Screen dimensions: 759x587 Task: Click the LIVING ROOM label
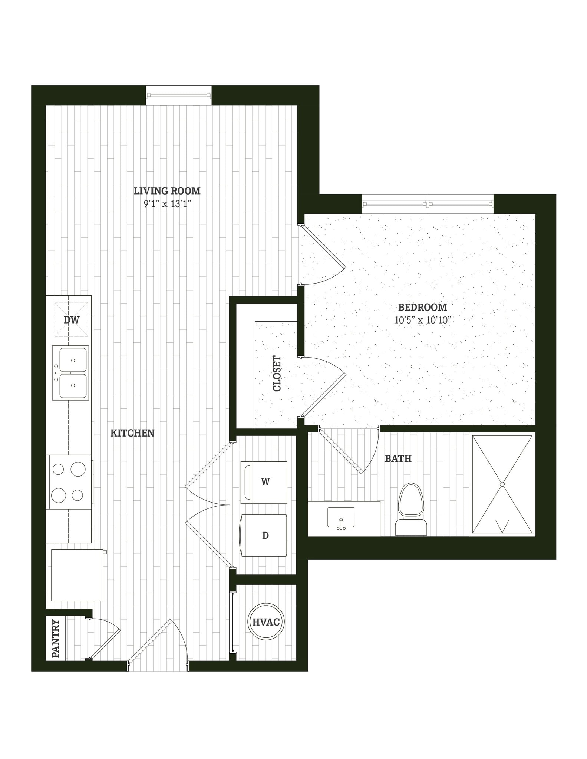pos(167,191)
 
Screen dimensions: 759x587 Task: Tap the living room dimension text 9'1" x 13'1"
pos(167,203)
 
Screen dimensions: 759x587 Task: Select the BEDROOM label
pos(422,307)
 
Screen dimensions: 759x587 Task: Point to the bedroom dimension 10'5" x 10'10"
pos(422,320)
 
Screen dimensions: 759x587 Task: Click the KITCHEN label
pos(132,433)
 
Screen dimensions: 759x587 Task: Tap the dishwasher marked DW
pos(72,319)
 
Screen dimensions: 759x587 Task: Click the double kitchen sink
pos(70,373)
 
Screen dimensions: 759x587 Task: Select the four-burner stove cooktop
pos(69,482)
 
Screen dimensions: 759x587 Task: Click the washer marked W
pos(264,482)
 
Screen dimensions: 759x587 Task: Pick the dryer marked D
pos(264,535)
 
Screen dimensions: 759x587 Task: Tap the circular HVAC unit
pos(266,622)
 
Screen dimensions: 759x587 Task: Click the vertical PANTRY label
pos(56,638)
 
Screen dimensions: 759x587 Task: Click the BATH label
pos(398,458)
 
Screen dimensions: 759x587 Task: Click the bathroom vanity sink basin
pos(341,517)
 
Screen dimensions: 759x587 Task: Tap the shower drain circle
pos(502,484)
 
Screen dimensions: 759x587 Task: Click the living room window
pos(179,95)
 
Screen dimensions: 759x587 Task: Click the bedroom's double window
pos(428,203)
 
